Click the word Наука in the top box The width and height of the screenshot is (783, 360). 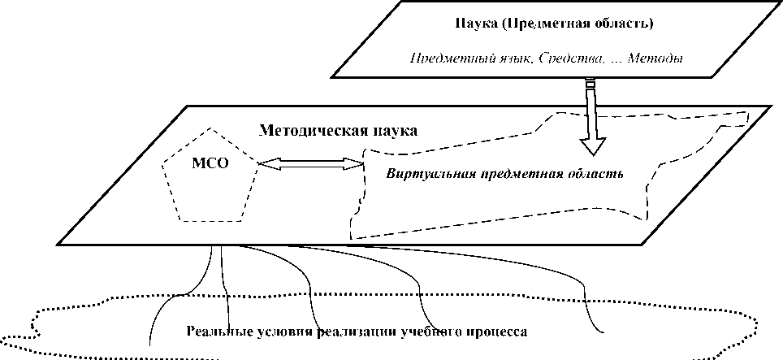[x=474, y=23]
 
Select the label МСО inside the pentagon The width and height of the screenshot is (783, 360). [x=210, y=162]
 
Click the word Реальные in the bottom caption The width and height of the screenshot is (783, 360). [x=213, y=332]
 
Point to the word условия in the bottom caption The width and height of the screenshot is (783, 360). [x=272, y=332]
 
